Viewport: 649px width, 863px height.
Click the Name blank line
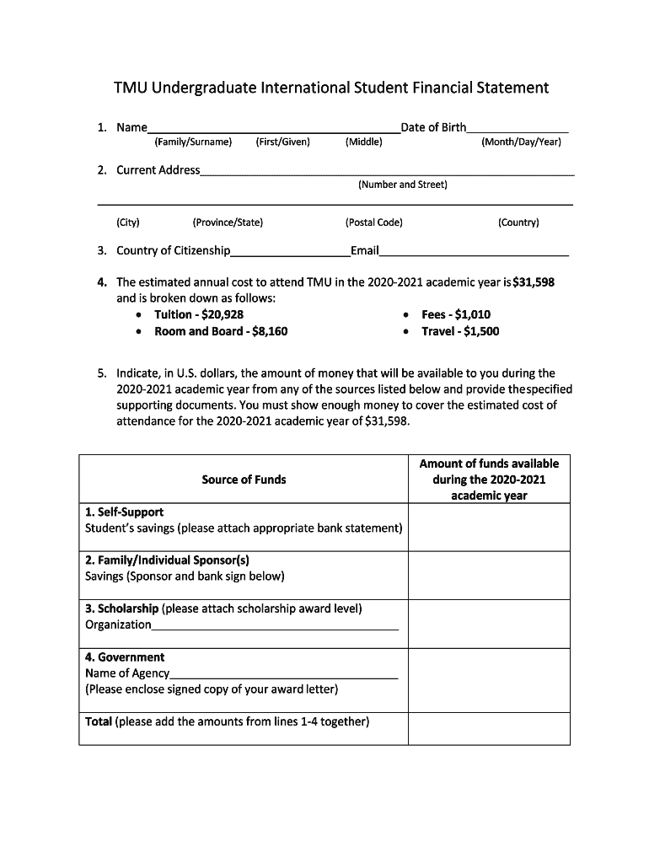tap(274, 129)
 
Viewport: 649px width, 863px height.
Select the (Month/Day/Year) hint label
tap(521, 142)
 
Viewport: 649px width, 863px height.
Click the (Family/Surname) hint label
tap(193, 142)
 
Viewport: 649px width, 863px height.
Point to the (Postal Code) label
tap(373, 222)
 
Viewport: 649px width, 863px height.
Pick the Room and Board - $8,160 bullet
tap(221, 331)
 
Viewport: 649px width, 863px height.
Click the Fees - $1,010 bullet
tap(456, 314)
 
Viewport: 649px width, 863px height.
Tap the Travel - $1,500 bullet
tap(460, 331)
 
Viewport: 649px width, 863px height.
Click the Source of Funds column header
tap(244, 480)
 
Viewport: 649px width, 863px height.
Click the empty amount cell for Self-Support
tap(489, 528)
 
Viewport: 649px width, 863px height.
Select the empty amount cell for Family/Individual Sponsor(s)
tap(489, 576)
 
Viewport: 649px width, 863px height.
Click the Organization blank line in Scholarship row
tap(275, 625)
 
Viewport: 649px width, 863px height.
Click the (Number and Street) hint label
tap(402, 185)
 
